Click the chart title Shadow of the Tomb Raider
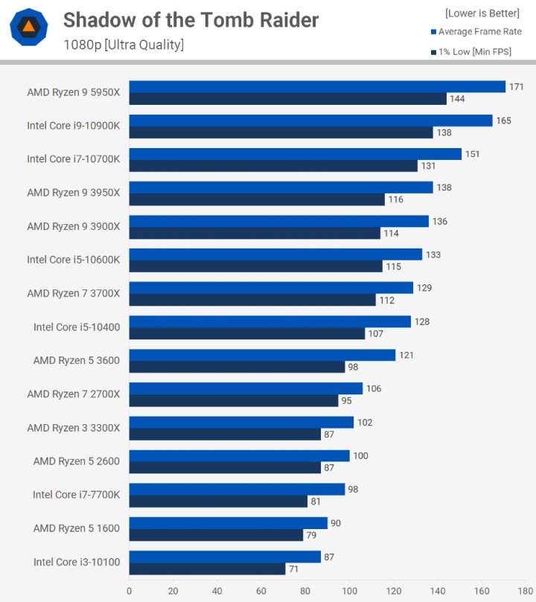(191, 20)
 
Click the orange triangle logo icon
(28, 27)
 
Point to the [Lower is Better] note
(482, 13)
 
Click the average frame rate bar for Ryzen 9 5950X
(317, 87)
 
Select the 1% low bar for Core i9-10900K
(281, 132)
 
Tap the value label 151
(472, 154)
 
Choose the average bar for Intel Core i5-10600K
(275, 254)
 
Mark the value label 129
(424, 288)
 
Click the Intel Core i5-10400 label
(76, 327)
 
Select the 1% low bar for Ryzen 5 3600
(237, 367)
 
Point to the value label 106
(374, 388)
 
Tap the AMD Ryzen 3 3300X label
(73, 427)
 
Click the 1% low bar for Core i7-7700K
(218, 501)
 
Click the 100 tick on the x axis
(349, 592)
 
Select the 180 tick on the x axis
(525, 592)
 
